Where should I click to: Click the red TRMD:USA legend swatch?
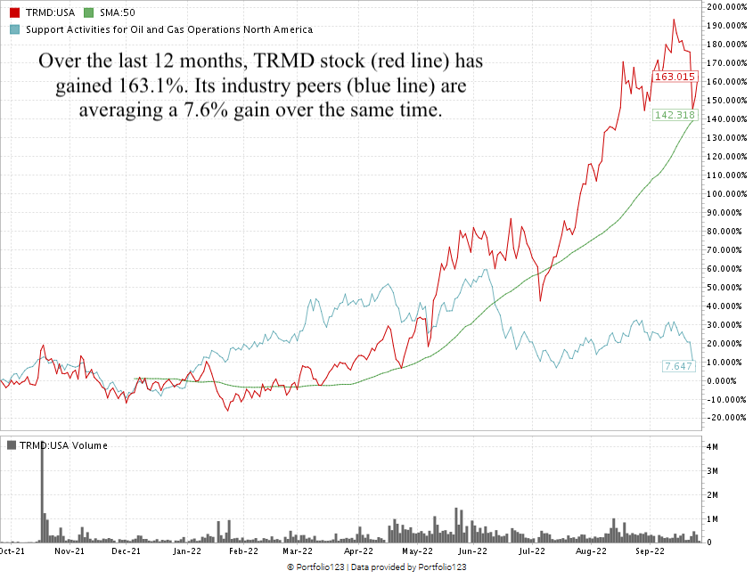(13, 14)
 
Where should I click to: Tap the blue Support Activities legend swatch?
(13, 29)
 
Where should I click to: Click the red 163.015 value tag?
(674, 77)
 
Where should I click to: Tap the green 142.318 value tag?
(674, 116)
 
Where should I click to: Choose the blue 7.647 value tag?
(677, 366)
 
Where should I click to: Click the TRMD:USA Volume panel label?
(62, 445)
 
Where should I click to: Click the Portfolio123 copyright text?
(376, 567)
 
